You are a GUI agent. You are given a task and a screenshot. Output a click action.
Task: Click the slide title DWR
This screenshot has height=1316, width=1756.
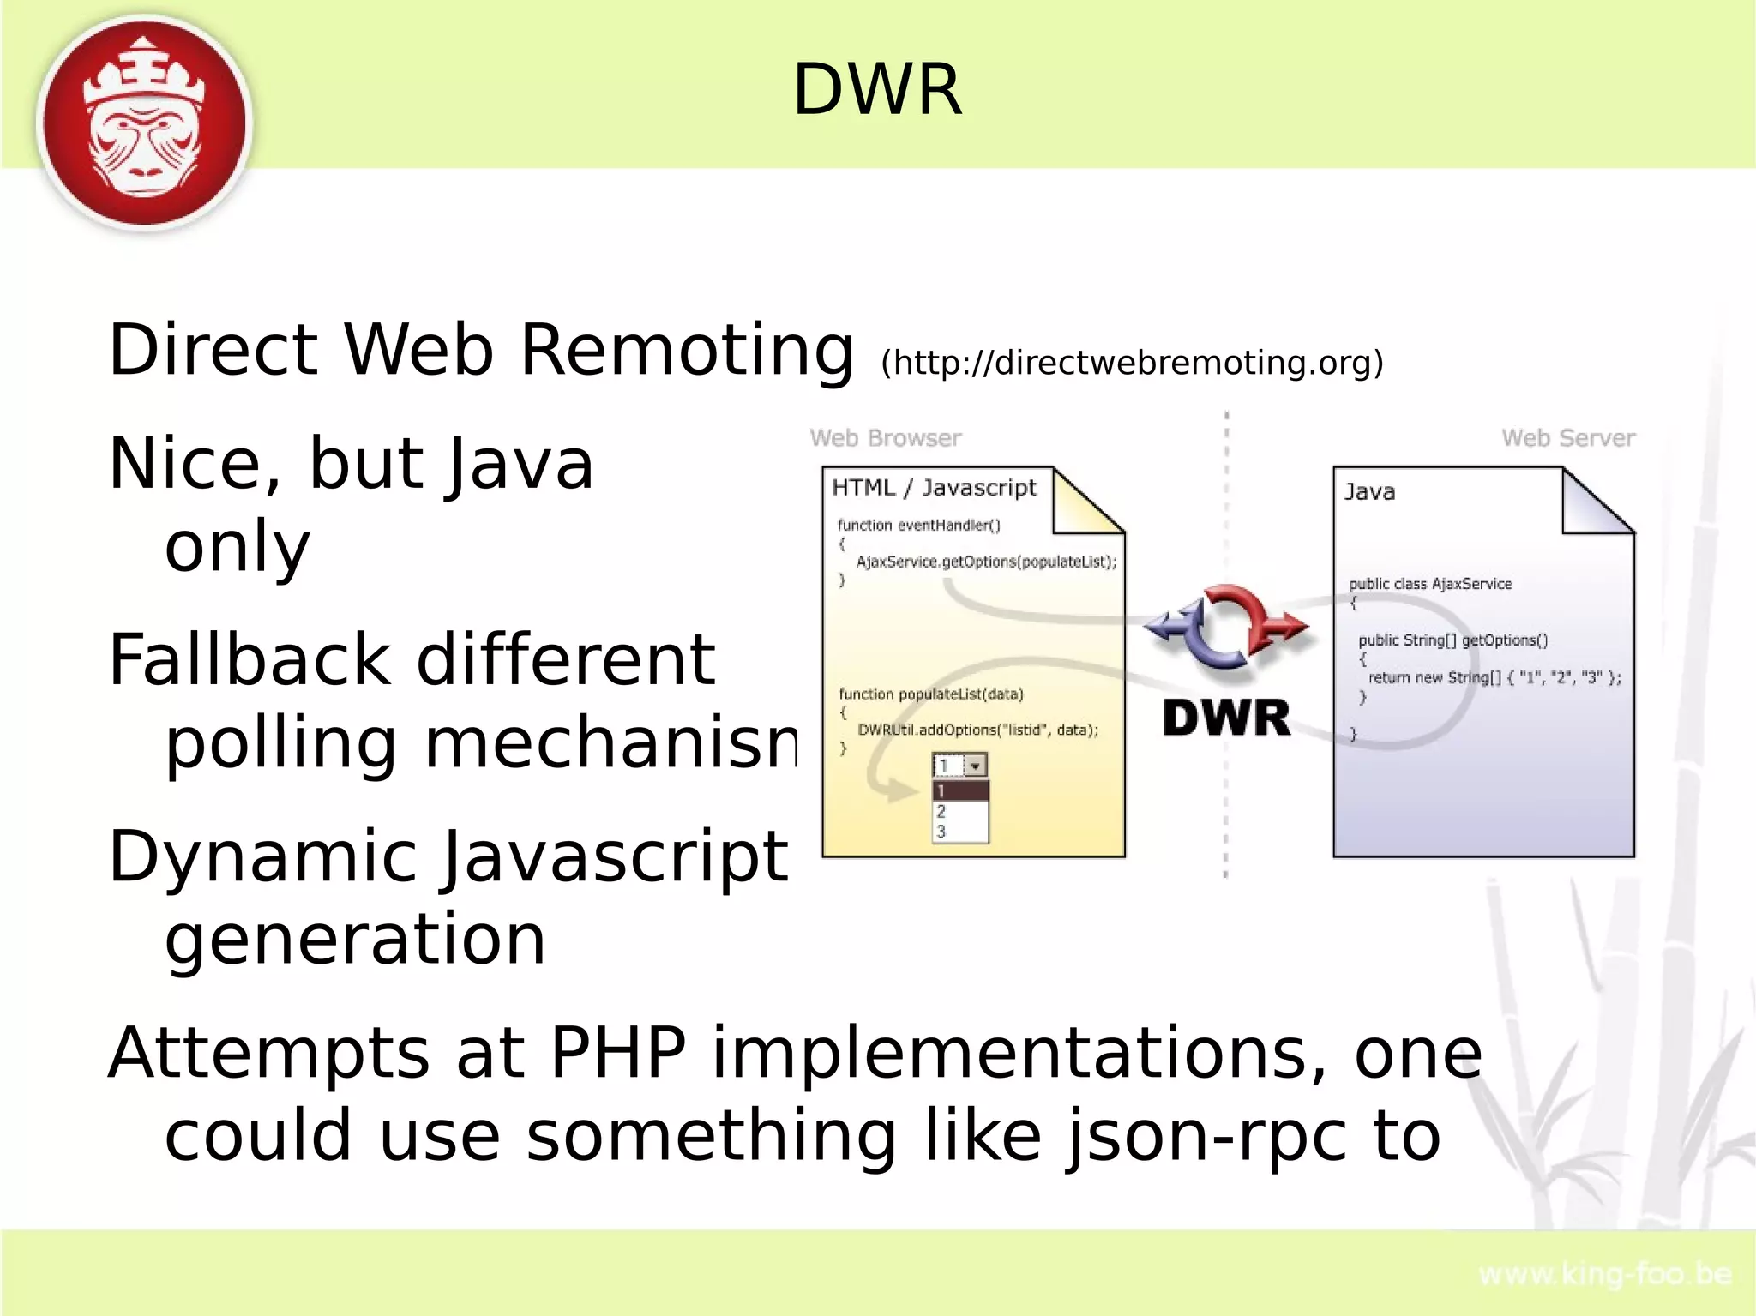click(x=877, y=90)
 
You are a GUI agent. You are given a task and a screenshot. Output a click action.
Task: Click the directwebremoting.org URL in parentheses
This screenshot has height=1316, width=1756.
click(x=1132, y=363)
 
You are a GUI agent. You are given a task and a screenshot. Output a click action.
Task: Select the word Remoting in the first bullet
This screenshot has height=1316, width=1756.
click(x=686, y=351)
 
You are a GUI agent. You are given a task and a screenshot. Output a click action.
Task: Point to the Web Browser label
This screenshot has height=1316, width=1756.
click(x=886, y=438)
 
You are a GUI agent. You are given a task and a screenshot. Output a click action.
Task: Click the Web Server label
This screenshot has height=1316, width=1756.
click(x=1568, y=438)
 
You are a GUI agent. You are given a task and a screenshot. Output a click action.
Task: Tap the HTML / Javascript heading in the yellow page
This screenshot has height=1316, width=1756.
click(x=934, y=488)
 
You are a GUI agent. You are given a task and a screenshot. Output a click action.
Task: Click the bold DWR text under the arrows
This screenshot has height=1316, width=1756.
click(x=1226, y=718)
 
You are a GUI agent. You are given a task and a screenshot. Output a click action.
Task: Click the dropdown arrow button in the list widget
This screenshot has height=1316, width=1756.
click(x=976, y=766)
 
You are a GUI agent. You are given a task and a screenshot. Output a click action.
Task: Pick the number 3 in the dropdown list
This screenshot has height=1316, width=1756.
click(x=941, y=832)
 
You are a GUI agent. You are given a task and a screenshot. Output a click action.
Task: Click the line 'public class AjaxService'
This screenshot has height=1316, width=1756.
click(x=1430, y=584)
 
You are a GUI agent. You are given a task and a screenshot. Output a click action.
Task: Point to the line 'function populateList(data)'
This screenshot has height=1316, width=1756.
click(x=930, y=694)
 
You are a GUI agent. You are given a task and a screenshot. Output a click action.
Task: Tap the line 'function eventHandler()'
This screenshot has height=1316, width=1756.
click(x=918, y=525)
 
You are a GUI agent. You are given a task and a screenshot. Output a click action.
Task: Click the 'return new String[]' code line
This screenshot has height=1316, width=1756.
click(x=1494, y=677)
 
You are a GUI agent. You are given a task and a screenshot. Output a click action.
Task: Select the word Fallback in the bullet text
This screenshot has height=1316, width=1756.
click(x=249, y=660)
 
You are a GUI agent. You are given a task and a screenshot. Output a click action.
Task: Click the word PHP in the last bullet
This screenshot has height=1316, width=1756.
click(x=617, y=1053)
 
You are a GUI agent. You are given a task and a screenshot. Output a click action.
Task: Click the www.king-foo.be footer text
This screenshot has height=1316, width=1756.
click(x=1605, y=1275)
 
